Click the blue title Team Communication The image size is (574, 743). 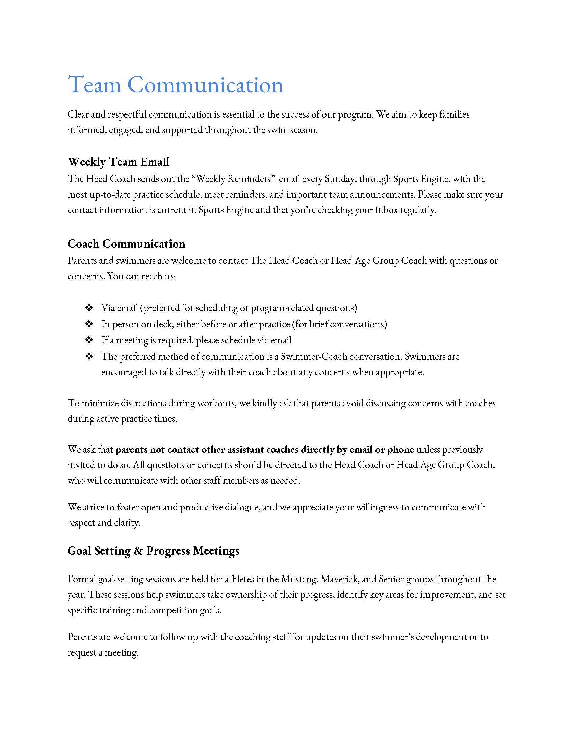point(176,85)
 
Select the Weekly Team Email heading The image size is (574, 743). point(118,162)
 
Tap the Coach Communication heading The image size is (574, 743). point(126,244)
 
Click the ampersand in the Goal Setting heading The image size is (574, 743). point(138,551)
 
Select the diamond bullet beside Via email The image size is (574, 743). point(89,308)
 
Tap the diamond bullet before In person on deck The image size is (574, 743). point(89,324)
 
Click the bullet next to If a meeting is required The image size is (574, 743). point(89,340)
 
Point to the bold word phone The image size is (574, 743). point(400,450)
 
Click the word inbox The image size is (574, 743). point(386,210)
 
